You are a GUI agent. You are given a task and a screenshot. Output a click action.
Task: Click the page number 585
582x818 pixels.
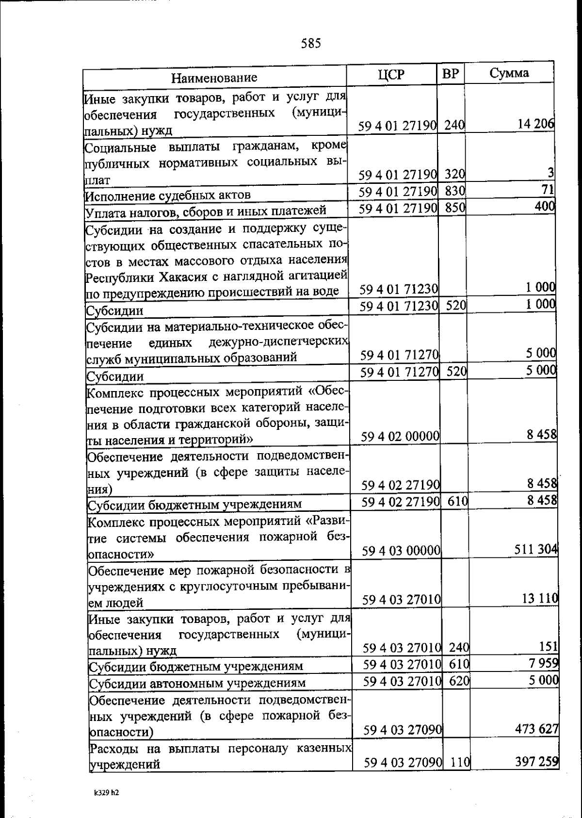click(311, 44)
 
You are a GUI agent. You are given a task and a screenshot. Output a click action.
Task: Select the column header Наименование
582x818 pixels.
click(214, 78)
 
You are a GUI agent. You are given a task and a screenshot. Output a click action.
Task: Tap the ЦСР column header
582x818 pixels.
click(391, 75)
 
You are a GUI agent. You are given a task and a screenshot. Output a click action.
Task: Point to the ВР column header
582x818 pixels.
click(451, 74)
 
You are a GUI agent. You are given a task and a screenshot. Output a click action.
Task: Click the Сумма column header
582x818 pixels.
click(509, 73)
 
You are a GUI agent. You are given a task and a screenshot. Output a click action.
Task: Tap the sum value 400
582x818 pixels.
click(545, 206)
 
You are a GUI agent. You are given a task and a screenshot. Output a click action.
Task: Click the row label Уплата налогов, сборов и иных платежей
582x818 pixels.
click(206, 211)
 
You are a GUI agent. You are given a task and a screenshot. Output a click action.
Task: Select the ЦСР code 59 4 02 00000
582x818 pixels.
click(401, 436)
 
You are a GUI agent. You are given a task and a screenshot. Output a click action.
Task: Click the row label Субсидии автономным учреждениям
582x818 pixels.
click(198, 683)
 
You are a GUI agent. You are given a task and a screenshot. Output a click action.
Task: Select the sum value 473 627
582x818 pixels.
click(536, 729)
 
